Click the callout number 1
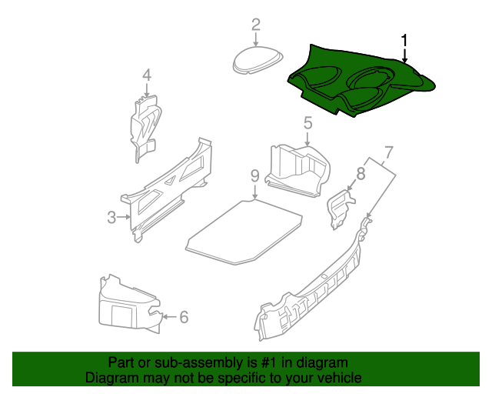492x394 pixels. pyautogui.click(x=404, y=41)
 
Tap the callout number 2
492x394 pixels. pyautogui.click(x=256, y=25)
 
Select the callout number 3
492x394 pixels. pyautogui.click(x=111, y=217)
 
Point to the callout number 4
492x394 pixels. pyautogui.click(x=147, y=75)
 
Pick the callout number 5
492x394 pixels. pyautogui.click(x=307, y=123)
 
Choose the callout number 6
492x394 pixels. pyautogui.click(x=184, y=317)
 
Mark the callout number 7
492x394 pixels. pyautogui.click(x=388, y=152)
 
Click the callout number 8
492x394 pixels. pyautogui.click(x=361, y=173)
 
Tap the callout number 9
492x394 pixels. pyautogui.click(x=255, y=175)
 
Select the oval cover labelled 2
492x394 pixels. pyautogui.click(x=258, y=60)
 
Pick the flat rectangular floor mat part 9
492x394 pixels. pyautogui.click(x=244, y=232)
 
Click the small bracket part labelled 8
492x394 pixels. pyautogui.click(x=341, y=209)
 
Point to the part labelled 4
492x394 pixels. pyautogui.click(x=145, y=128)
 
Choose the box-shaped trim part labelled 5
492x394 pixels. pyautogui.click(x=298, y=170)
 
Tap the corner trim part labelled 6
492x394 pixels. pyautogui.click(x=131, y=304)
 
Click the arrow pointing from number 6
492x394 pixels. pyautogui.click(x=169, y=317)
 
